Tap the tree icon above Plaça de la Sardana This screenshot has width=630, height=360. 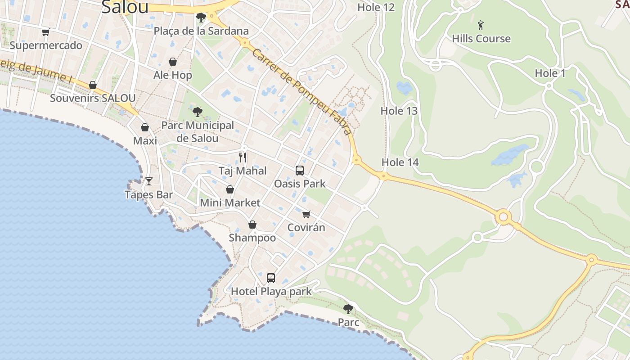pyautogui.click(x=201, y=18)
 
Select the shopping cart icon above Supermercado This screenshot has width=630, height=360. pyautogui.click(x=45, y=32)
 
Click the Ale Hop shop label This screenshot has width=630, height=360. pyautogui.click(x=173, y=75)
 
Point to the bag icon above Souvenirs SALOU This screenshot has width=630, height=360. pyautogui.click(x=93, y=85)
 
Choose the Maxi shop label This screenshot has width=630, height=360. pyautogui.click(x=145, y=141)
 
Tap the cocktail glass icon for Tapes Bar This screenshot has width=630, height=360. pyautogui.click(x=149, y=181)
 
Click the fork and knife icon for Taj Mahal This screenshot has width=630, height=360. pyautogui.click(x=243, y=157)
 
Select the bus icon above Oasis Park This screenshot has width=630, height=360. pyautogui.click(x=300, y=171)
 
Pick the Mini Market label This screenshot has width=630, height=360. pyautogui.click(x=230, y=202)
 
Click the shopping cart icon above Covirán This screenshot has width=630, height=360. pyautogui.click(x=306, y=214)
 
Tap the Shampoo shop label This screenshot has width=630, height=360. pyautogui.click(x=252, y=238)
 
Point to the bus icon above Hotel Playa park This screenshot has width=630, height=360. pyautogui.click(x=271, y=278)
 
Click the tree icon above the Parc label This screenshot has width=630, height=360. pyautogui.click(x=348, y=309)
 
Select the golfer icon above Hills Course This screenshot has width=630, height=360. pyautogui.click(x=481, y=25)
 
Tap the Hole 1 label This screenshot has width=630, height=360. pyautogui.click(x=550, y=73)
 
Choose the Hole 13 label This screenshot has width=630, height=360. pyautogui.click(x=399, y=111)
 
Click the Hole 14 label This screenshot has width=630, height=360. pyautogui.click(x=400, y=162)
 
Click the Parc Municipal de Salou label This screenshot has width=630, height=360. pyautogui.click(x=198, y=132)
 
